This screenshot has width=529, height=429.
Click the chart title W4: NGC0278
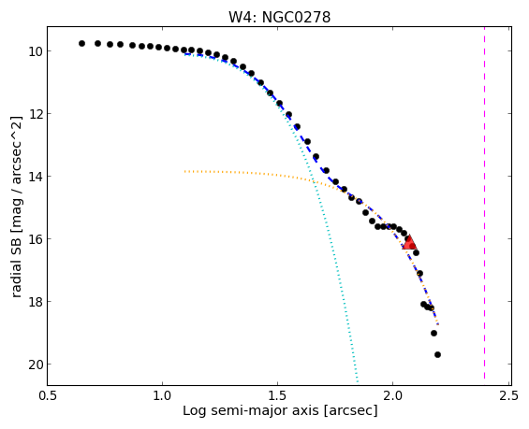click(280, 17)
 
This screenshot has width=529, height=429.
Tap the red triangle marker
click(409, 242)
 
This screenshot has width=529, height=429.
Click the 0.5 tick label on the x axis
click(47, 395)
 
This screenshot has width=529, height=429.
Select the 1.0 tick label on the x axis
click(162, 395)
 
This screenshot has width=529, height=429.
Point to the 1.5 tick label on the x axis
click(277, 395)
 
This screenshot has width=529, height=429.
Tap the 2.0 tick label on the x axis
click(392, 395)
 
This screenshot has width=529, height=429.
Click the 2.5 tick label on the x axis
click(508, 395)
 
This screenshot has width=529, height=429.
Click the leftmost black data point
click(81, 43)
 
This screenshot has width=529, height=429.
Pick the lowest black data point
click(437, 354)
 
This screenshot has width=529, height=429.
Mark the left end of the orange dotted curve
click(184, 171)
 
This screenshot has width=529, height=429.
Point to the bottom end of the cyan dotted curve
click(358, 382)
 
